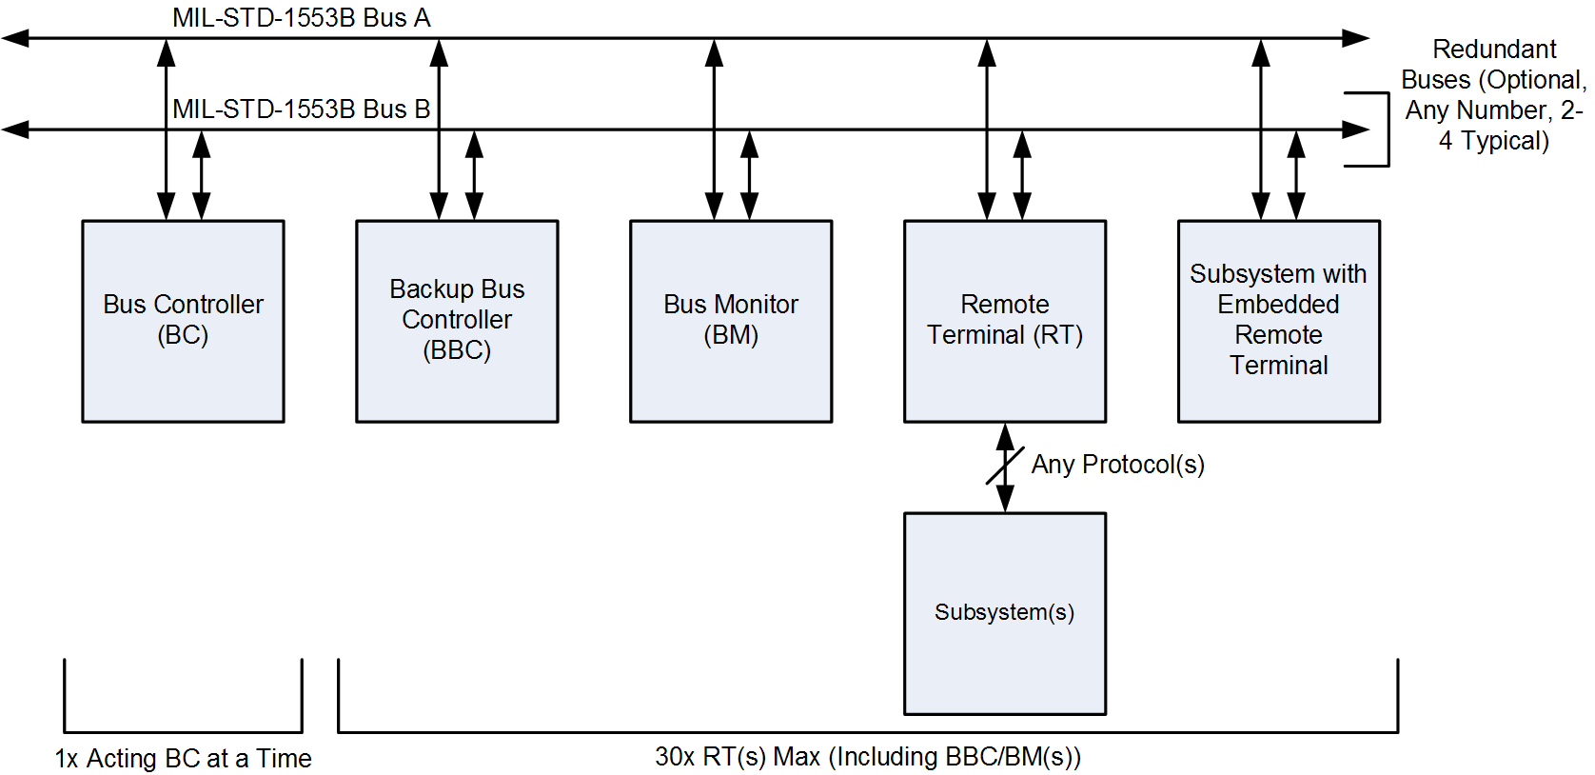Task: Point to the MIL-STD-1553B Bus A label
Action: [301, 18]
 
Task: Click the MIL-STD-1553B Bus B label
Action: [301, 109]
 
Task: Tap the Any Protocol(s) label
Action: [1118, 465]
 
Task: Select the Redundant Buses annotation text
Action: [1494, 94]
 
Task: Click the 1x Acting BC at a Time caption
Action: [183, 759]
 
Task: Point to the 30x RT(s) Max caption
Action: [868, 757]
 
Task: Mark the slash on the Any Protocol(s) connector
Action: [1005, 465]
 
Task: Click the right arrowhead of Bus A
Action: [1355, 38]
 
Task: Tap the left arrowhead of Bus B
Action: [15, 129]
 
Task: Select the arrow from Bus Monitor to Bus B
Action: [750, 175]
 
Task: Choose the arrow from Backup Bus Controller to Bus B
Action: [474, 175]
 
